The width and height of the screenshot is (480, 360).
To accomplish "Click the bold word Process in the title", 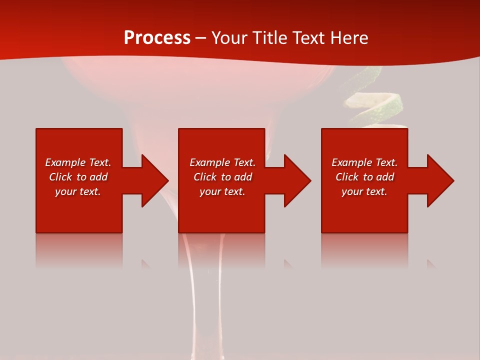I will pyautogui.click(x=157, y=38).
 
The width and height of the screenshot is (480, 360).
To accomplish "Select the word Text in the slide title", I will pyautogui.click(x=308, y=38).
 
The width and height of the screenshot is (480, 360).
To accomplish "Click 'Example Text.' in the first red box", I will pyautogui.click(x=78, y=162).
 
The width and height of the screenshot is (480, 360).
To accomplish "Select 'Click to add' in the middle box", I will pyautogui.click(x=222, y=177).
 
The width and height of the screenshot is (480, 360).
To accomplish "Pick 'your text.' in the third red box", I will pyautogui.click(x=364, y=191).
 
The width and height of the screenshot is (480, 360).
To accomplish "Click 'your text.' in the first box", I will pyautogui.click(x=78, y=191).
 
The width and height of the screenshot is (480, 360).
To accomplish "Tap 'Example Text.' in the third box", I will pyautogui.click(x=364, y=162).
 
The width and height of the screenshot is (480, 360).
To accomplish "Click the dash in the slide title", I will pyautogui.click(x=200, y=38).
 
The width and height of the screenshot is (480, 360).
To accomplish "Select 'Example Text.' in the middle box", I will pyautogui.click(x=222, y=162).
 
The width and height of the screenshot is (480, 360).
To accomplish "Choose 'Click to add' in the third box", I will pyautogui.click(x=364, y=177).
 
